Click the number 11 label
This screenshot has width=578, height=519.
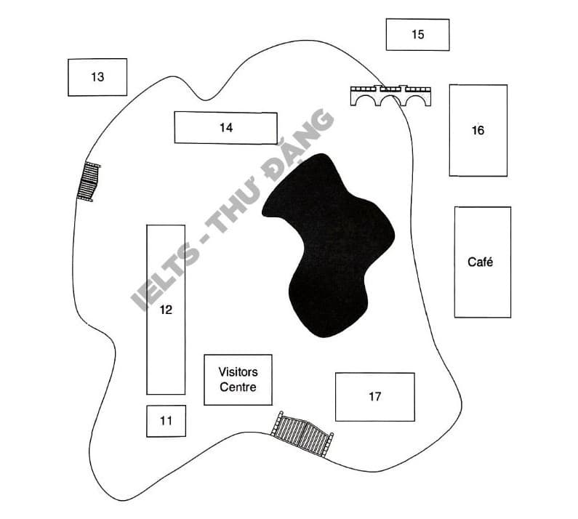pyautogui.click(x=166, y=421)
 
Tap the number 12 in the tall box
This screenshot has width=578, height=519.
pyautogui.click(x=166, y=310)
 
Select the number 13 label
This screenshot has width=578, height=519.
pyautogui.click(x=97, y=77)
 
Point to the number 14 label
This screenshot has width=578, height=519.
pyautogui.click(x=226, y=127)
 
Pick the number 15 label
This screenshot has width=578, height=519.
pyautogui.click(x=417, y=34)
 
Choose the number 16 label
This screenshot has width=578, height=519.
pyautogui.click(x=478, y=130)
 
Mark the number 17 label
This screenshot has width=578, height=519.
pyautogui.click(x=374, y=397)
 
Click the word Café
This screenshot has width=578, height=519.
pyautogui.click(x=481, y=262)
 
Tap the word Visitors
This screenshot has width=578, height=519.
pyautogui.click(x=238, y=372)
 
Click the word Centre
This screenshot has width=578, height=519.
pyautogui.click(x=238, y=387)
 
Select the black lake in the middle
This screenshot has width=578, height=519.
pyautogui.click(x=328, y=245)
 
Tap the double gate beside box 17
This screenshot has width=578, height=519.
pyautogui.click(x=302, y=434)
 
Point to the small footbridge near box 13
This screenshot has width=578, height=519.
pyautogui.click(x=89, y=181)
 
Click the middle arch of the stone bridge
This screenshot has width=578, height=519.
pyautogui.click(x=390, y=101)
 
